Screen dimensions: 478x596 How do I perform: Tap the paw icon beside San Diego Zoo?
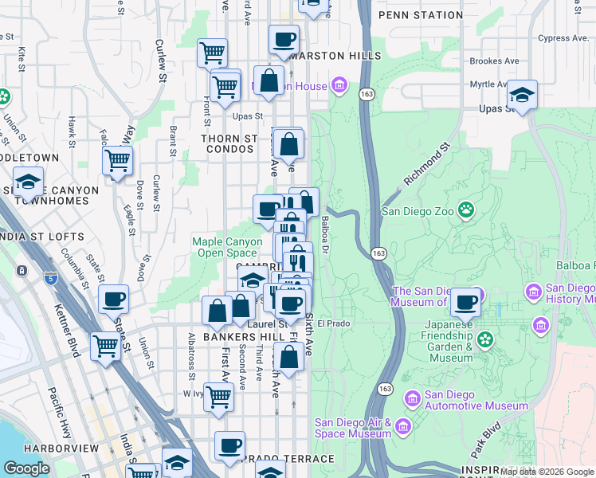[x=465, y=211]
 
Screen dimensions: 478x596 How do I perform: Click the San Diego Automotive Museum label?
[x=476, y=400]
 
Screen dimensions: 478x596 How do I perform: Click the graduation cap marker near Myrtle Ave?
[x=522, y=94]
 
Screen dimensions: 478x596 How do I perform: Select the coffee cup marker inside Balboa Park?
[x=465, y=302]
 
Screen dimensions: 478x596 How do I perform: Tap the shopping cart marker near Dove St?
[x=117, y=160]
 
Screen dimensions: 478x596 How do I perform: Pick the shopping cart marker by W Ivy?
[x=219, y=396]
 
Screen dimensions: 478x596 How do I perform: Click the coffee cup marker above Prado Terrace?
[x=229, y=446]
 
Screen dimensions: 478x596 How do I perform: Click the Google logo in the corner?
[x=27, y=468]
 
